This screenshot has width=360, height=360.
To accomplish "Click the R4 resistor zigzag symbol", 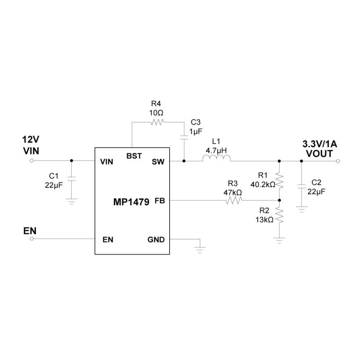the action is pyautogui.click(x=157, y=122).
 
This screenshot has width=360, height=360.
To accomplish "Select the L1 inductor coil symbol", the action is pyautogui.click(x=216, y=158).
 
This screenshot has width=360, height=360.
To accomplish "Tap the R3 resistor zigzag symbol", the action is pyautogui.click(x=234, y=201).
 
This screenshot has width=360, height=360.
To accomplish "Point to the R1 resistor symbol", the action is pyautogui.click(x=279, y=181).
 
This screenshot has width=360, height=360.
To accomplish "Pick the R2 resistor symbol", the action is pyautogui.click(x=279, y=215).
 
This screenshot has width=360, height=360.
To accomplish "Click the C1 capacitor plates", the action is pyautogui.click(x=72, y=179).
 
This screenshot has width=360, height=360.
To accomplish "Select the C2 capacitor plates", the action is pyautogui.click(x=301, y=186).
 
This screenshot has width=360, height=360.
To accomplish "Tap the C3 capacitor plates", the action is pyautogui.click(x=184, y=137).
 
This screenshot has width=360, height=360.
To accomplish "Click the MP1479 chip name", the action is pyautogui.click(x=131, y=202).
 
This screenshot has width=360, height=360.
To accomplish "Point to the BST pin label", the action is pyautogui.click(x=134, y=156).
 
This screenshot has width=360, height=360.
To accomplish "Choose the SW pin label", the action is pyautogui.click(x=158, y=162).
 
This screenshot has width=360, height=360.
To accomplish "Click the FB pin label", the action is pyautogui.click(x=160, y=201).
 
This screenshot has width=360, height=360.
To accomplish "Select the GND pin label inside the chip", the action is pyautogui.click(x=156, y=240).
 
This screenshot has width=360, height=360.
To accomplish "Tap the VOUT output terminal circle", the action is pyautogui.click(x=338, y=161).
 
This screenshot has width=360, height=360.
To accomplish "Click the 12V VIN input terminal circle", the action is pyautogui.click(x=31, y=161).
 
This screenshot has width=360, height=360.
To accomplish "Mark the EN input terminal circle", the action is pyautogui.click(x=31, y=239).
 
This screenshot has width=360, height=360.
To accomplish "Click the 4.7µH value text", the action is pyautogui.click(x=216, y=151).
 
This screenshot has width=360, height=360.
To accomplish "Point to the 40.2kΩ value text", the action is pyautogui.click(x=263, y=184).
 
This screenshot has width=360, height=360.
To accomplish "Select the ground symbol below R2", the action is pyautogui.click(x=279, y=240).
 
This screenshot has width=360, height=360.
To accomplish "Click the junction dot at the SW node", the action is pyautogui.click(x=184, y=161).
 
